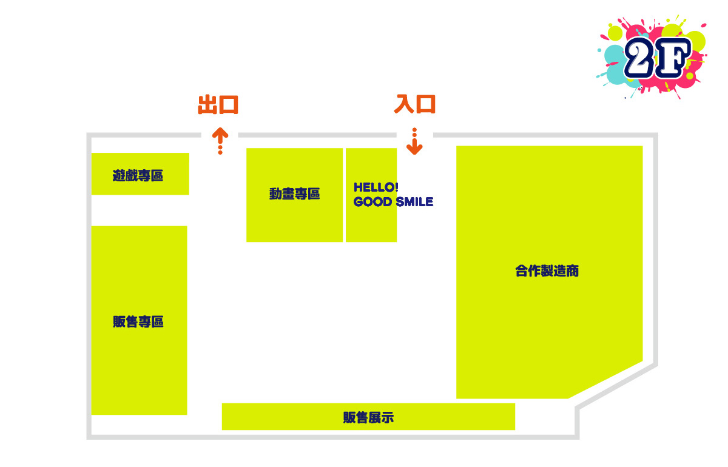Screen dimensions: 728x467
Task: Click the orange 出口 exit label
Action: pos(218,105)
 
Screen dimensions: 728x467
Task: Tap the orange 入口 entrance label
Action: pos(414,104)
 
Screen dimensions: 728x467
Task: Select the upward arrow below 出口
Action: pos(220,141)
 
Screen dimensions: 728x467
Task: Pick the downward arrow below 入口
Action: pos(414,141)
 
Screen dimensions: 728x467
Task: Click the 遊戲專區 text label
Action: pos(138,175)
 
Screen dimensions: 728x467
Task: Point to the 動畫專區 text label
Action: pos(294,193)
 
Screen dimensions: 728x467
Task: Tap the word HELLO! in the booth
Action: pos(376,187)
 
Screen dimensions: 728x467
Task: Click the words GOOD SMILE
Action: pos(393,202)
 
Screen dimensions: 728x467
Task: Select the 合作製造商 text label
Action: pos(547,270)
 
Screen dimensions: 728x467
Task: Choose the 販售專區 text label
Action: pos(138,321)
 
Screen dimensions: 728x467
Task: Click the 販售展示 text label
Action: pos(368,418)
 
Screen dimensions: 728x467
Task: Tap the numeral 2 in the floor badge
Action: pos(639,58)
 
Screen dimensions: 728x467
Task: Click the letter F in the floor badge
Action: pos(673,58)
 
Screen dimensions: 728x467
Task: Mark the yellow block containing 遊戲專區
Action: pos(140,174)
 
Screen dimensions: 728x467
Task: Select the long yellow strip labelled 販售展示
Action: pos(368,417)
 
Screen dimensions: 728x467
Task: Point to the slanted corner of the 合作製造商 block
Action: pos(605,380)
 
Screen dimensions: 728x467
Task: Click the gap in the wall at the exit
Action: pos(220,135)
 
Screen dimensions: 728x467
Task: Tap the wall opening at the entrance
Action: pos(415,135)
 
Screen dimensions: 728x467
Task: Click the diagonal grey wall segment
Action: pos(616,386)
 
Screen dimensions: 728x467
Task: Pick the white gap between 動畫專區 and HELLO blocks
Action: pos(344,195)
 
